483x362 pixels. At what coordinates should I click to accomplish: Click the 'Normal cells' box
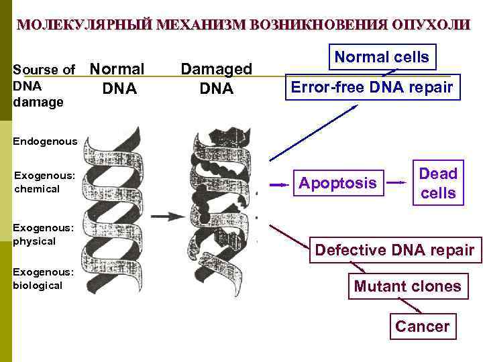pyautogui.click(x=381, y=58)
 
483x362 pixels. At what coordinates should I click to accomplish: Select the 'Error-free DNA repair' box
pyautogui.click(x=372, y=87)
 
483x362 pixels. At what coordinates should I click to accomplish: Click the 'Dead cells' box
pyautogui.click(x=437, y=183)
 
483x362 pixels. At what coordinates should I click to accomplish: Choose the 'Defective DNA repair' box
pyautogui.click(x=394, y=250)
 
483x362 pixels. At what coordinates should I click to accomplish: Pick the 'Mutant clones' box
pyautogui.click(x=407, y=286)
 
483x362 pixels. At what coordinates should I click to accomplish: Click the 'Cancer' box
pyautogui.click(x=421, y=326)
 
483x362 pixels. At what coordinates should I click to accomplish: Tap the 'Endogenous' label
pyautogui.click(x=45, y=141)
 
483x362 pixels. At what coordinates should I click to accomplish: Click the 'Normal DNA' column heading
pyautogui.click(x=117, y=78)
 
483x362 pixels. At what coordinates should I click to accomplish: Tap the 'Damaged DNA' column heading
pyautogui.click(x=216, y=78)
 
